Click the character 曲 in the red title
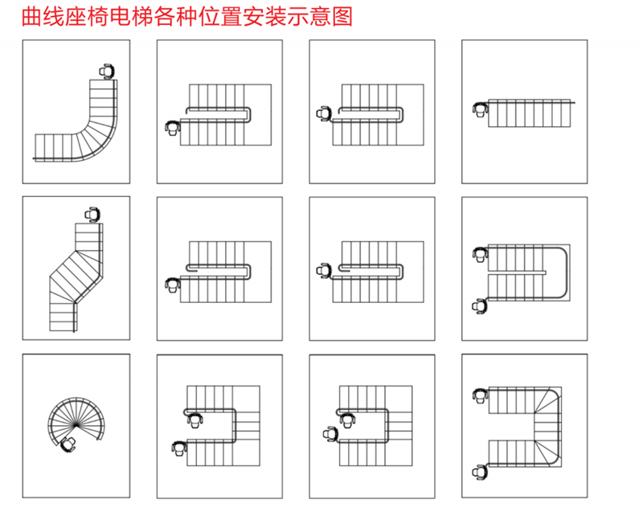(x=31, y=17)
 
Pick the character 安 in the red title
(x=253, y=17)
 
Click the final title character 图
(x=342, y=17)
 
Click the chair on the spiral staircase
(x=68, y=444)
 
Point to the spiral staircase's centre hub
(x=76, y=425)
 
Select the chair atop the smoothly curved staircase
(x=107, y=72)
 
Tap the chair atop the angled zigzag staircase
(x=92, y=215)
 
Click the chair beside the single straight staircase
(x=480, y=109)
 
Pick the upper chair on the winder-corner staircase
(x=480, y=395)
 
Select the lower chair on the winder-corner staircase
(x=480, y=472)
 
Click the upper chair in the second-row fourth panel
(x=480, y=254)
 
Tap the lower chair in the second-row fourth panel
(x=479, y=306)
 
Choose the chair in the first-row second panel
(x=173, y=128)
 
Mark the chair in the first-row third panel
(x=324, y=113)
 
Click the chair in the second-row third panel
(x=324, y=270)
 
